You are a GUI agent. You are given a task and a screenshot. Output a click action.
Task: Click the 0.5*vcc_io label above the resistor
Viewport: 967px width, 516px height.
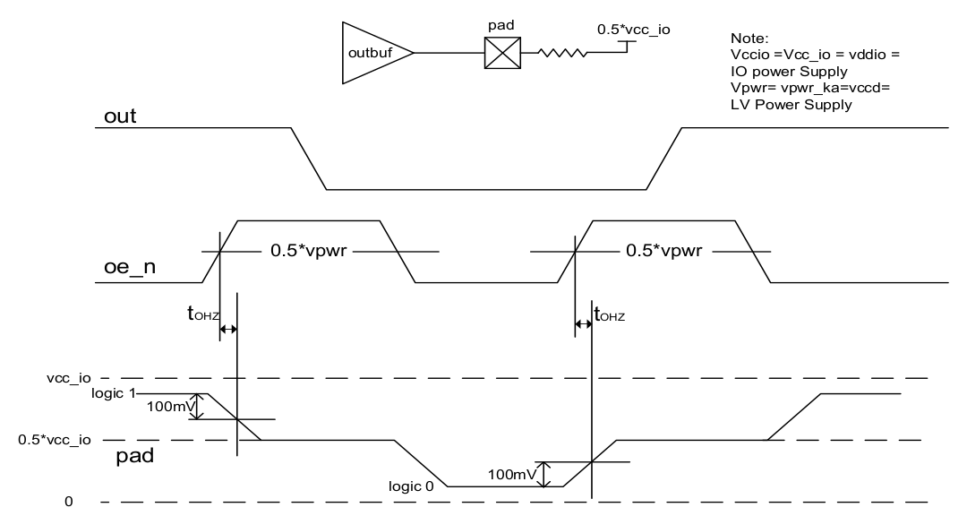634,30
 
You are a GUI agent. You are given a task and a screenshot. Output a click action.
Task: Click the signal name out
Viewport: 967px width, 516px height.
120,116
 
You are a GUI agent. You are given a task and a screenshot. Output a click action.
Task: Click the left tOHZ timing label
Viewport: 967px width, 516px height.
202,314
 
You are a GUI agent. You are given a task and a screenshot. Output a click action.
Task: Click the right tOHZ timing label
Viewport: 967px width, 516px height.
608,314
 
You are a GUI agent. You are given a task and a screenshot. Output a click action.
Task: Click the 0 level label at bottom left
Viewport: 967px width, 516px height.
68,502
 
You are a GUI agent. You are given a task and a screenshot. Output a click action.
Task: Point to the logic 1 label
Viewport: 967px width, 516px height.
114,393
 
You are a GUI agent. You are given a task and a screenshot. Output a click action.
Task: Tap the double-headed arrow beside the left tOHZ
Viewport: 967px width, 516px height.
228,330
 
